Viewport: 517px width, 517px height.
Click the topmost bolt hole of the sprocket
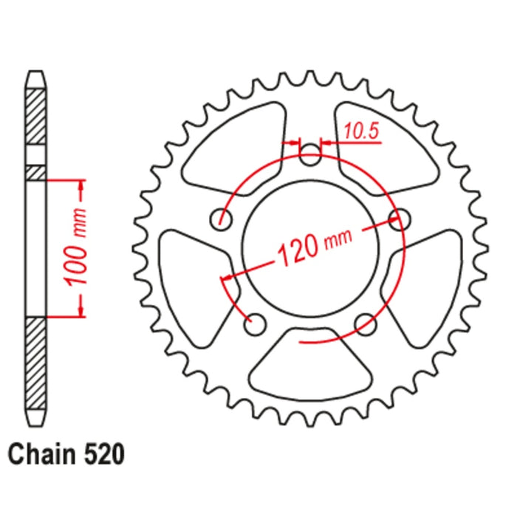tap(312, 154)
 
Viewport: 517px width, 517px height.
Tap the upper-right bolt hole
tap(403, 219)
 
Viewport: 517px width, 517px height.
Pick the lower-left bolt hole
tap(256, 321)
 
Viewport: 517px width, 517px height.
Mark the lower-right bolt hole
tap(364, 322)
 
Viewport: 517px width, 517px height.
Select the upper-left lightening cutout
tap(235, 145)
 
